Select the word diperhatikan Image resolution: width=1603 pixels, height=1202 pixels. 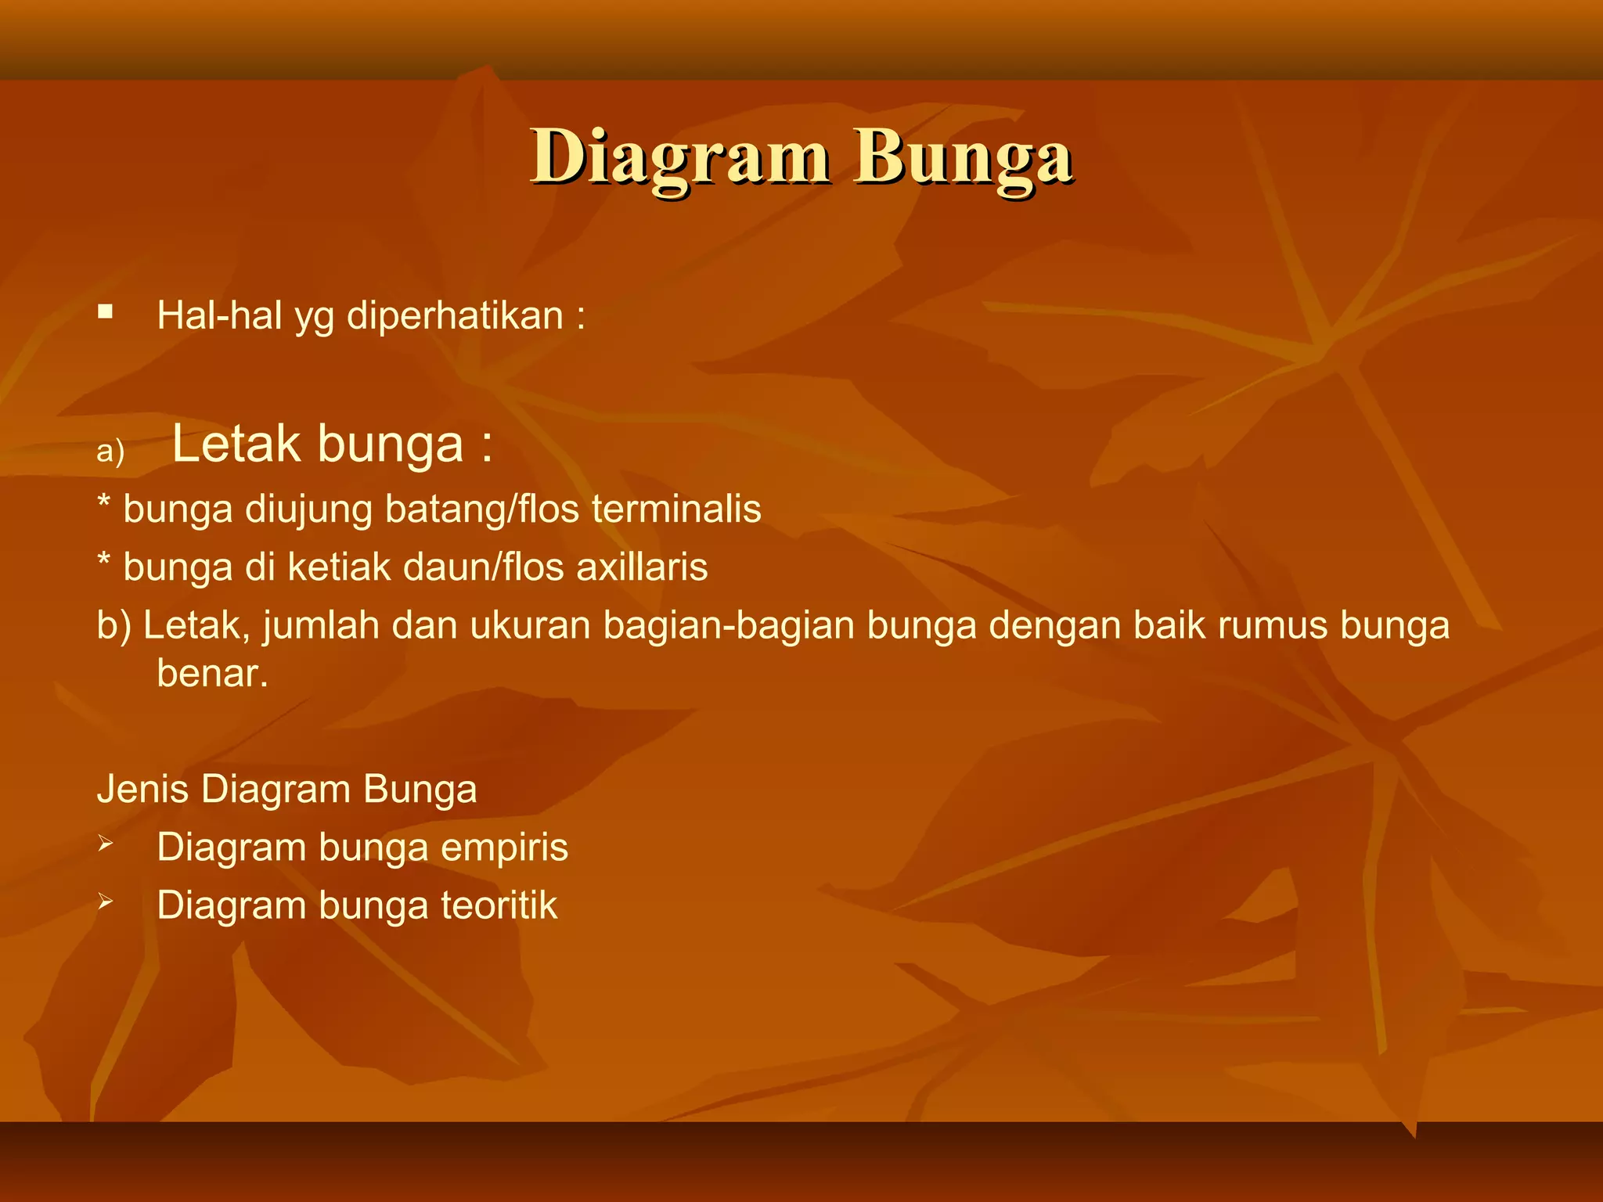[x=455, y=316]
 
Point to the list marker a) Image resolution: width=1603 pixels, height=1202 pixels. [x=110, y=452]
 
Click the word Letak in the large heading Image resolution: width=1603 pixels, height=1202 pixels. [x=236, y=444]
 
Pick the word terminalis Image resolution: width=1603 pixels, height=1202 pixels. [x=676, y=509]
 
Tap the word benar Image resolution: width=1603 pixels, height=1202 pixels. [x=212, y=674]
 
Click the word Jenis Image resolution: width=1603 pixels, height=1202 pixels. [x=142, y=789]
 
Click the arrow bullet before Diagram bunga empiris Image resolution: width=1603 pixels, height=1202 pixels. [x=106, y=844]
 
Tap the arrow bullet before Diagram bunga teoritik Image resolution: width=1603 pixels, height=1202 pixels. [x=106, y=902]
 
